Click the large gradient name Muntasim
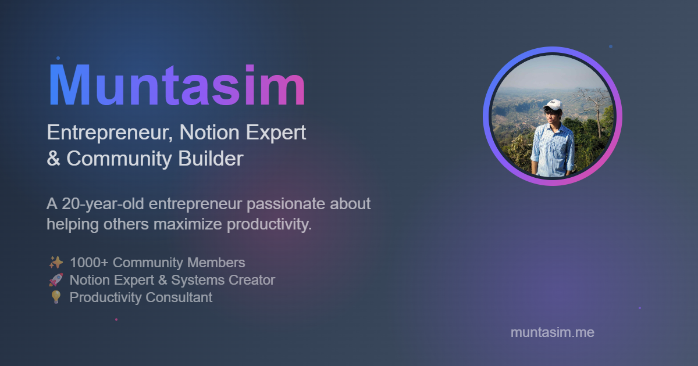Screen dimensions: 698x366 click(177, 85)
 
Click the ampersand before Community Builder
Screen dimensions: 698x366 click(54, 159)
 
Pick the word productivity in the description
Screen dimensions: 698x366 click(269, 224)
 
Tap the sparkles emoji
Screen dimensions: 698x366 click(56, 263)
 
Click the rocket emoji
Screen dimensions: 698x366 click(56, 280)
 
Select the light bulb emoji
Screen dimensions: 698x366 click(56, 297)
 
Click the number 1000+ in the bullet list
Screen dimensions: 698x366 click(89, 263)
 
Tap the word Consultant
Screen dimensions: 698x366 click(179, 297)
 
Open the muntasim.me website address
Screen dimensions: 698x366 click(553, 332)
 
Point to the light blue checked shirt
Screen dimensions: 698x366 click(553, 149)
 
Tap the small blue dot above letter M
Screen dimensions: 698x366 click(58, 58)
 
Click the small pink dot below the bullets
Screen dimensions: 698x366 click(116, 320)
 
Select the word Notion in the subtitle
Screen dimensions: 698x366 click(209, 132)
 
